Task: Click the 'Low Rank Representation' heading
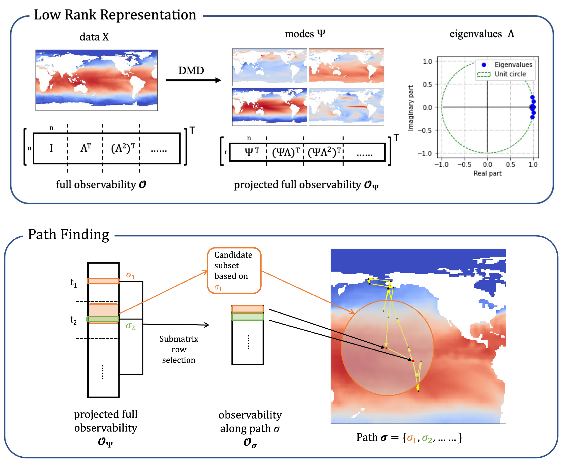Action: (115, 15)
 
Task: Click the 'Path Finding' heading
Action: (69, 235)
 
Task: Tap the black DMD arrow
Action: (193, 80)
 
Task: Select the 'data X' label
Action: (94, 37)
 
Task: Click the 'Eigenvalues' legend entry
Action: (513, 65)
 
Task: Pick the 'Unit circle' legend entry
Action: (510, 74)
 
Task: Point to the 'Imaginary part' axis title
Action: (410, 108)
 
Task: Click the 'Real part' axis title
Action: (487, 173)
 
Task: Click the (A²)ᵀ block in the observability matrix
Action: (123, 148)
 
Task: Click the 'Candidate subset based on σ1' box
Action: (234, 271)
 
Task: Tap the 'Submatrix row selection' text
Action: (179, 349)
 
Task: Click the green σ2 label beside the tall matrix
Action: (130, 326)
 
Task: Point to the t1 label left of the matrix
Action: (73, 283)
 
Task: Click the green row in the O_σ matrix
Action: (248, 317)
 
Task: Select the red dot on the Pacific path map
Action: (413, 361)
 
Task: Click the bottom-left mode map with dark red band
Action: (270, 107)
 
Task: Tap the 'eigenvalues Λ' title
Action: (481, 34)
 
